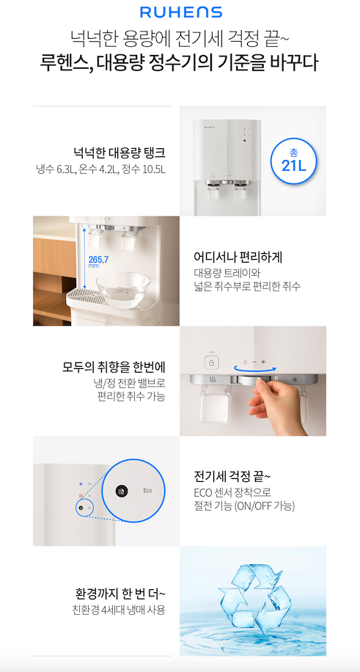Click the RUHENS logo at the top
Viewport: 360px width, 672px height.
[x=180, y=12]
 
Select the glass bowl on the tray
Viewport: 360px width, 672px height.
[x=123, y=290]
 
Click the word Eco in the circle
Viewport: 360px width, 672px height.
[x=147, y=491]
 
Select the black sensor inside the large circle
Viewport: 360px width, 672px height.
[x=120, y=491]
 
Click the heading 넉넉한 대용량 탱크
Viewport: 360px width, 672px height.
[x=120, y=153]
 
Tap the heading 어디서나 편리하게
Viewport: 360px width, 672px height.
[x=238, y=258]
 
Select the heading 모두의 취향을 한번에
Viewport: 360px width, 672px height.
[x=114, y=368]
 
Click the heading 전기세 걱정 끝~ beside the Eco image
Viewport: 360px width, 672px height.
[x=232, y=477]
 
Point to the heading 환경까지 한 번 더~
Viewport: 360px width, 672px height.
[x=120, y=594]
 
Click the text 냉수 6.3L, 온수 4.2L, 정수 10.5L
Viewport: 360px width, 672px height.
[x=100, y=169]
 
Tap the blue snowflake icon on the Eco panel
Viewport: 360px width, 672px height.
[x=80, y=484]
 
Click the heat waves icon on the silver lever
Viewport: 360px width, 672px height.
[x=212, y=380]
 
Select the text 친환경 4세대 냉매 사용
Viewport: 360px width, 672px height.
[x=119, y=610]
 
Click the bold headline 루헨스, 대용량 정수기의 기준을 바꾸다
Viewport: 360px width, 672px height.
[x=180, y=62]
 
